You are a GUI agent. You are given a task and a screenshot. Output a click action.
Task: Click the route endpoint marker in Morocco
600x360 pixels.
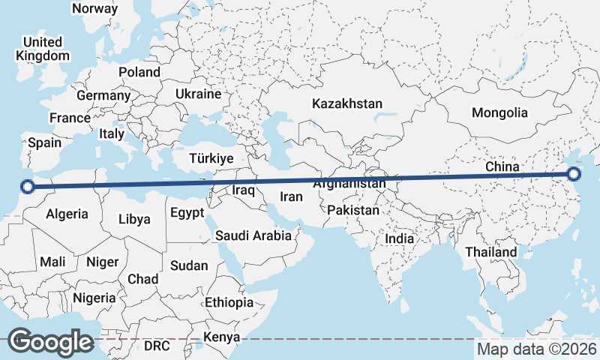click(28, 187)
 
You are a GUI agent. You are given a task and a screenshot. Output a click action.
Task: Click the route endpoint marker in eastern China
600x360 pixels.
click(574, 174)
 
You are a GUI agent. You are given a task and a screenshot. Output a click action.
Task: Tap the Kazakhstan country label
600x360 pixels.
click(348, 103)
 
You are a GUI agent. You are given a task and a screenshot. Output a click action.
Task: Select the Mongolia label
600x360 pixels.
click(499, 113)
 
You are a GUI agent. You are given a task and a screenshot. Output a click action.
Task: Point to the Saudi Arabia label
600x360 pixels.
click(253, 235)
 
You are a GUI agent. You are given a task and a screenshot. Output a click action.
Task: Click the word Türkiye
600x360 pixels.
click(211, 158)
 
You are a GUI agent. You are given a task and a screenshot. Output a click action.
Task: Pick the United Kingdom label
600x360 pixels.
click(43, 49)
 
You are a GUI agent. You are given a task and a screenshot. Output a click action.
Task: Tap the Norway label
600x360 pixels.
click(94, 9)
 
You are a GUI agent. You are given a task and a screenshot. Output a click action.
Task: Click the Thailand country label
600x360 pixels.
click(491, 252)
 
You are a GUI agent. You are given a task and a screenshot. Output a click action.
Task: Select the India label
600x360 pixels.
click(400, 238)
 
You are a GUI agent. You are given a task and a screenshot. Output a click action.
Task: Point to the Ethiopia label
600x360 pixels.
click(229, 302)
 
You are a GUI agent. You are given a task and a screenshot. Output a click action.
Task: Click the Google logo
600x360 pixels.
click(50, 341)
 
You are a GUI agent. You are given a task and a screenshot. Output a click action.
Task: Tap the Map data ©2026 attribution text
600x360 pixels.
click(537, 349)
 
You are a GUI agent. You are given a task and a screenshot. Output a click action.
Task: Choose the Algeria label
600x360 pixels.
click(67, 214)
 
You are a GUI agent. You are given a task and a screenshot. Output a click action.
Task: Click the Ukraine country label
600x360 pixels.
click(198, 94)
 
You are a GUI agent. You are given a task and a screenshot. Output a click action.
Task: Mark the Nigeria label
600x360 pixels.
click(95, 297)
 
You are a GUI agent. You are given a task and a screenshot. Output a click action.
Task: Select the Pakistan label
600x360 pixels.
click(353, 211)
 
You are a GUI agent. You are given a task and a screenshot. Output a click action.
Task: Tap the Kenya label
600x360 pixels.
click(221, 337)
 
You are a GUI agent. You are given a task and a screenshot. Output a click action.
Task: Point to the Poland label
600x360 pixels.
click(139, 72)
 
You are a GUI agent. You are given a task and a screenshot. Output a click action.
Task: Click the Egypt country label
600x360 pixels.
click(187, 213)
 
